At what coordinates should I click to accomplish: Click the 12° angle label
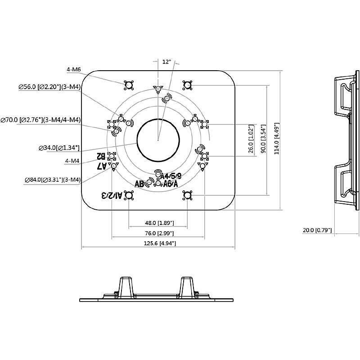pyautogui.click(x=167, y=62)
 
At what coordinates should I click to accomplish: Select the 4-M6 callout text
pyautogui.click(x=73, y=69)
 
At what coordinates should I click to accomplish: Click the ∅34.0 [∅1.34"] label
pyautogui.click(x=59, y=147)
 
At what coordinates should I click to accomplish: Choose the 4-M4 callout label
pyautogui.click(x=72, y=161)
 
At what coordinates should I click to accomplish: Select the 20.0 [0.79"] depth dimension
pyautogui.click(x=317, y=230)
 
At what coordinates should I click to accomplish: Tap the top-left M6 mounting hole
pyautogui.click(x=129, y=85)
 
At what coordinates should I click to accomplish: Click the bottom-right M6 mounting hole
pyautogui.click(x=187, y=195)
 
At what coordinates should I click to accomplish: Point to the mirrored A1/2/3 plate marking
pyautogui.click(x=111, y=195)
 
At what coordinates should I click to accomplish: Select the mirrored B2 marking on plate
pyautogui.click(x=101, y=157)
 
